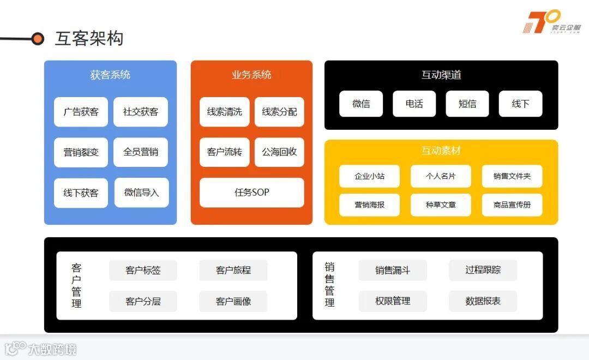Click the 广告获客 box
click(81, 112)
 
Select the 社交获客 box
click(141, 112)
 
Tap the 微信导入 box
click(141, 193)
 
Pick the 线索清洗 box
click(224, 112)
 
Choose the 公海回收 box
click(279, 152)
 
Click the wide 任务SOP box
click(251, 193)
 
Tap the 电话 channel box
click(414, 104)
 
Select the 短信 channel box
click(467, 104)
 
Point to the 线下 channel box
click(520, 104)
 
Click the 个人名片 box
click(441, 176)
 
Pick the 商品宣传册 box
click(512, 205)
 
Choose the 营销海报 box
click(369, 205)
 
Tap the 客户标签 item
click(143, 270)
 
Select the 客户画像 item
click(233, 301)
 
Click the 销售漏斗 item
click(393, 270)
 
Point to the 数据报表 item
click(483, 301)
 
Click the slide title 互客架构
click(89, 39)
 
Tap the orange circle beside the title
click(38, 39)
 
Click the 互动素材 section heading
click(441, 151)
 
